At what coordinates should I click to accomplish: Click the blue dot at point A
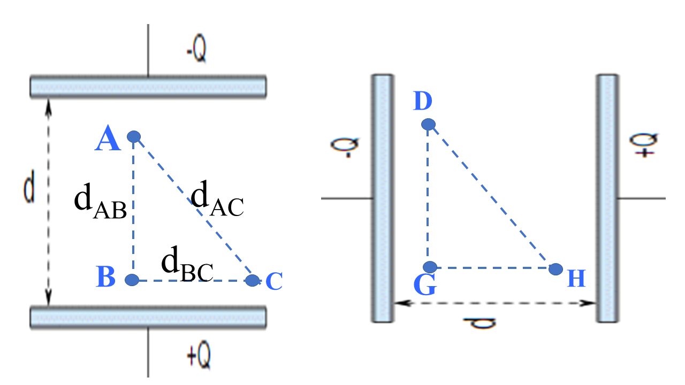click(133, 137)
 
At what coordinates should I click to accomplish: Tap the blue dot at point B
click(132, 279)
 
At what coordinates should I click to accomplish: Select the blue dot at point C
click(253, 280)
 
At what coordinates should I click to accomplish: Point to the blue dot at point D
click(428, 125)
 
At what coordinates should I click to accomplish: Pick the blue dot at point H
click(555, 268)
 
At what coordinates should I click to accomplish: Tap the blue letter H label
click(576, 279)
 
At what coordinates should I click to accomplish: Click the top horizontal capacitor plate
click(148, 87)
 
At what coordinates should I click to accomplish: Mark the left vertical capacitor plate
click(383, 198)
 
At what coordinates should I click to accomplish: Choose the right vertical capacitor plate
click(607, 198)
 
